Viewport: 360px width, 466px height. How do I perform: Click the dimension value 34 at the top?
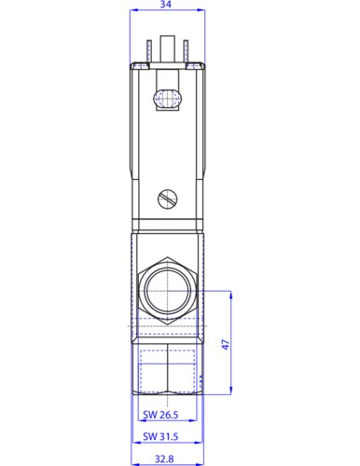click(x=166, y=5)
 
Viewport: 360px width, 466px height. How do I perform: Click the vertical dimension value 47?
click(x=226, y=345)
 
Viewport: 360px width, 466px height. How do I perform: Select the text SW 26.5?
click(x=160, y=415)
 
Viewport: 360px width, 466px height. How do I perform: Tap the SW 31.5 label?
click(x=160, y=436)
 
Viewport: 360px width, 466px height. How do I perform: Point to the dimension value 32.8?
click(x=164, y=459)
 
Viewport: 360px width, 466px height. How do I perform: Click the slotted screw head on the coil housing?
click(x=167, y=199)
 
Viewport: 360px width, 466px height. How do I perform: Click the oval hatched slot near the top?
click(x=167, y=99)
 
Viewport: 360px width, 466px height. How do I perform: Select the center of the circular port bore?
click(x=167, y=291)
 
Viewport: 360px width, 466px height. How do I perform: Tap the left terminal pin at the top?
click(x=149, y=51)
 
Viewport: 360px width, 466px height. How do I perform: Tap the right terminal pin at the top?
click(x=186, y=51)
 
